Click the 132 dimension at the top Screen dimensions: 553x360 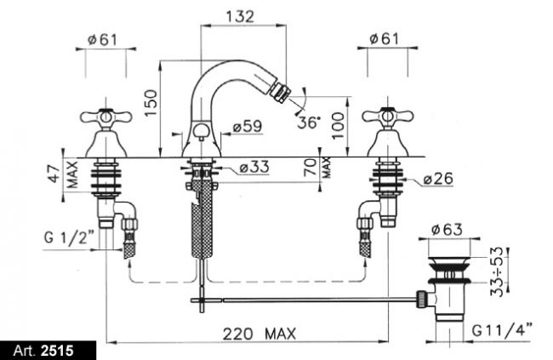tap(240, 16)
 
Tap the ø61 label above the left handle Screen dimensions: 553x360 tap(102, 39)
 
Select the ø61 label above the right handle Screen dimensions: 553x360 tap(384, 38)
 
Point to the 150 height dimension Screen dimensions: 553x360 tap(151, 103)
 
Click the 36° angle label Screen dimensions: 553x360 tap(309, 122)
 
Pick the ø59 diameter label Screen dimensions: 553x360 tap(248, 126)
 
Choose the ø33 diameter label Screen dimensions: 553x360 tap(254, 167)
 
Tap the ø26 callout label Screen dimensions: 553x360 tap(438, 179)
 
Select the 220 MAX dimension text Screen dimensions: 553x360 tap(259, 334)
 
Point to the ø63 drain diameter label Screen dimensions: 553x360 tap(447, 230)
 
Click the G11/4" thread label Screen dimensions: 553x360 tap(502, 331)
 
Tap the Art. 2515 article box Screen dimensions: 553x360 tap(48, 351)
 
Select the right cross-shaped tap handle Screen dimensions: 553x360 tap(388, 116)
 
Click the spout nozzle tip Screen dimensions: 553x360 tap(281, 92)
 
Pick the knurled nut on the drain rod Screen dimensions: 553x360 tap(422, 300)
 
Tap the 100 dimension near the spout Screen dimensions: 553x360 tap(338, 126)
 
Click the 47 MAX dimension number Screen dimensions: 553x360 tap(54, 174)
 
